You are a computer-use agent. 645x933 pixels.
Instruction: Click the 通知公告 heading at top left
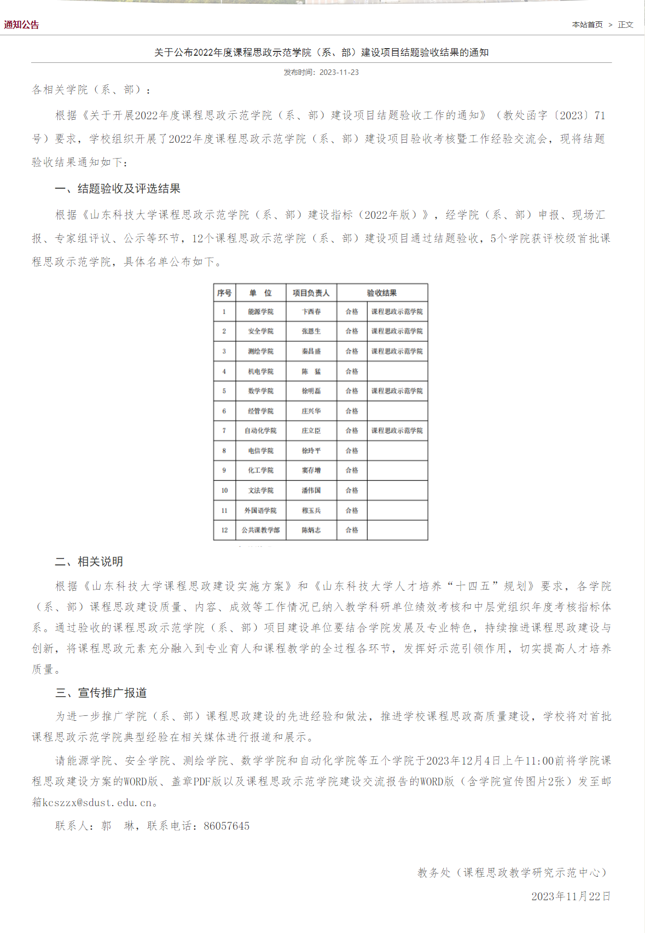(x=22, y=25)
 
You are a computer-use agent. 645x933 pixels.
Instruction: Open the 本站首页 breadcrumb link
(x=587, y=25)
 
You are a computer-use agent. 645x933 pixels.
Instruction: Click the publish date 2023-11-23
(x=339, y=72)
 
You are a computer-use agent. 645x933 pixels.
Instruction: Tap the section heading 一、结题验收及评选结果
(x=118, y=189)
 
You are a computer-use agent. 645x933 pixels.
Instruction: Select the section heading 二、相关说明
(x=89, y=562)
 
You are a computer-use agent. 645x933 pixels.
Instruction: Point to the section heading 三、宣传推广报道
(x=101, y=693)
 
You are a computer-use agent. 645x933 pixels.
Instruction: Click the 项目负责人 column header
(x=311, y=293)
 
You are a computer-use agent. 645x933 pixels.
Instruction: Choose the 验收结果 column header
(x=382, y=293)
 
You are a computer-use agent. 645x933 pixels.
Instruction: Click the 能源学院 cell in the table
(x=260, y=312)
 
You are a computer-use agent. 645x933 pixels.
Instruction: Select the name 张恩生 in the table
(x=311, y=331)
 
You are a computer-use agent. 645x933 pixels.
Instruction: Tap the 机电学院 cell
(x=260, y=371)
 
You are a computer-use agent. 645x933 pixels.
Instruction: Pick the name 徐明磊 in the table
(x=311, y=391)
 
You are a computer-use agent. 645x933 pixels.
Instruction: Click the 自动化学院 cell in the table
(x=260, y=431)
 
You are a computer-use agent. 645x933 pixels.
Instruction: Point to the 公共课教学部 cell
(x=260, y=530)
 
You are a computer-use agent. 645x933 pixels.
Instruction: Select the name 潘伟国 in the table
(x=311, y=491)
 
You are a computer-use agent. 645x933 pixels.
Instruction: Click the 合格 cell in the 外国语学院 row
(x=352, y=510)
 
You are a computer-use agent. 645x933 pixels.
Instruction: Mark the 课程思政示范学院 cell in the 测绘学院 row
(x=397, y=351)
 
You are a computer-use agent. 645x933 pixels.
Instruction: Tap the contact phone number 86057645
(x=226, y=826)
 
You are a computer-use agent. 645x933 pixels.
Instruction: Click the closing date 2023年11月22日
(x=571, y=896)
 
